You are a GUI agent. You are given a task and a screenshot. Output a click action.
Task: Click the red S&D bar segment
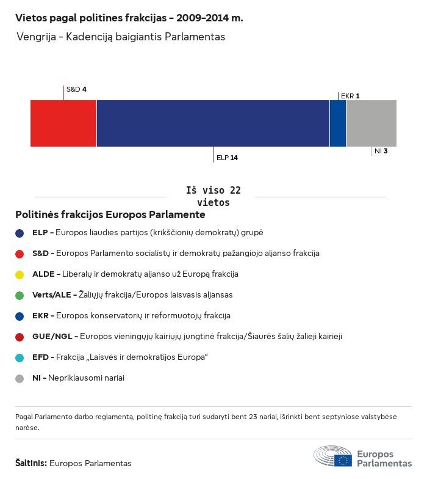click(x=63, y=123)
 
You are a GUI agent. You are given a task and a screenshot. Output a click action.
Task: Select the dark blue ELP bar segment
click(x=213, y=123)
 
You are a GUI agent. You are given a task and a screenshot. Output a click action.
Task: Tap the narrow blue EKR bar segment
click(x=338, y=123)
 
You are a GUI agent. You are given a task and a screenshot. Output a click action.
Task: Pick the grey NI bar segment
click(x=371, y=123)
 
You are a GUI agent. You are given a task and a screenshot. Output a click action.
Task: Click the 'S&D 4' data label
click(x=76, y=89)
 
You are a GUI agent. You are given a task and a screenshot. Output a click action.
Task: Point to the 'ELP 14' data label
click(x=227, y=158)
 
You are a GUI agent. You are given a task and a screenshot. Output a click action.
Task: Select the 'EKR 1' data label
click(x=350, y=96)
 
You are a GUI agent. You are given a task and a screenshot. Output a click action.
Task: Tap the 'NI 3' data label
click(x=381, y=150)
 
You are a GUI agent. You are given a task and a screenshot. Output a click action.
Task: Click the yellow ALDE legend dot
click(x=20, y=274)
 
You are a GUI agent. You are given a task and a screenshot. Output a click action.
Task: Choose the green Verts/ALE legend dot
click(x=20, y=295)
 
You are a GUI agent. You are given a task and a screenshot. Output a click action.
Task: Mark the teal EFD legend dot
click(x=20, y=357)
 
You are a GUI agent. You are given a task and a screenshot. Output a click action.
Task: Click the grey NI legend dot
click(x=20, y=378)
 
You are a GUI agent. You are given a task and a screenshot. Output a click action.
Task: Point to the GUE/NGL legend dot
click(x=20, y=337)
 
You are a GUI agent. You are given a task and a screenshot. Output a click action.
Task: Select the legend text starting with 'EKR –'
click(x=131, y=316)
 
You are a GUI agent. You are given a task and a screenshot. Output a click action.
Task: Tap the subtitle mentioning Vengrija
click(x=121, y=37)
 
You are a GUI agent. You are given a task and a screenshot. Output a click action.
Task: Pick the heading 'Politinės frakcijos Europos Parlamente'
click(x=110, y=215)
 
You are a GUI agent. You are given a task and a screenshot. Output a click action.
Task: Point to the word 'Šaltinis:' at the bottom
click(x=30, y=463)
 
